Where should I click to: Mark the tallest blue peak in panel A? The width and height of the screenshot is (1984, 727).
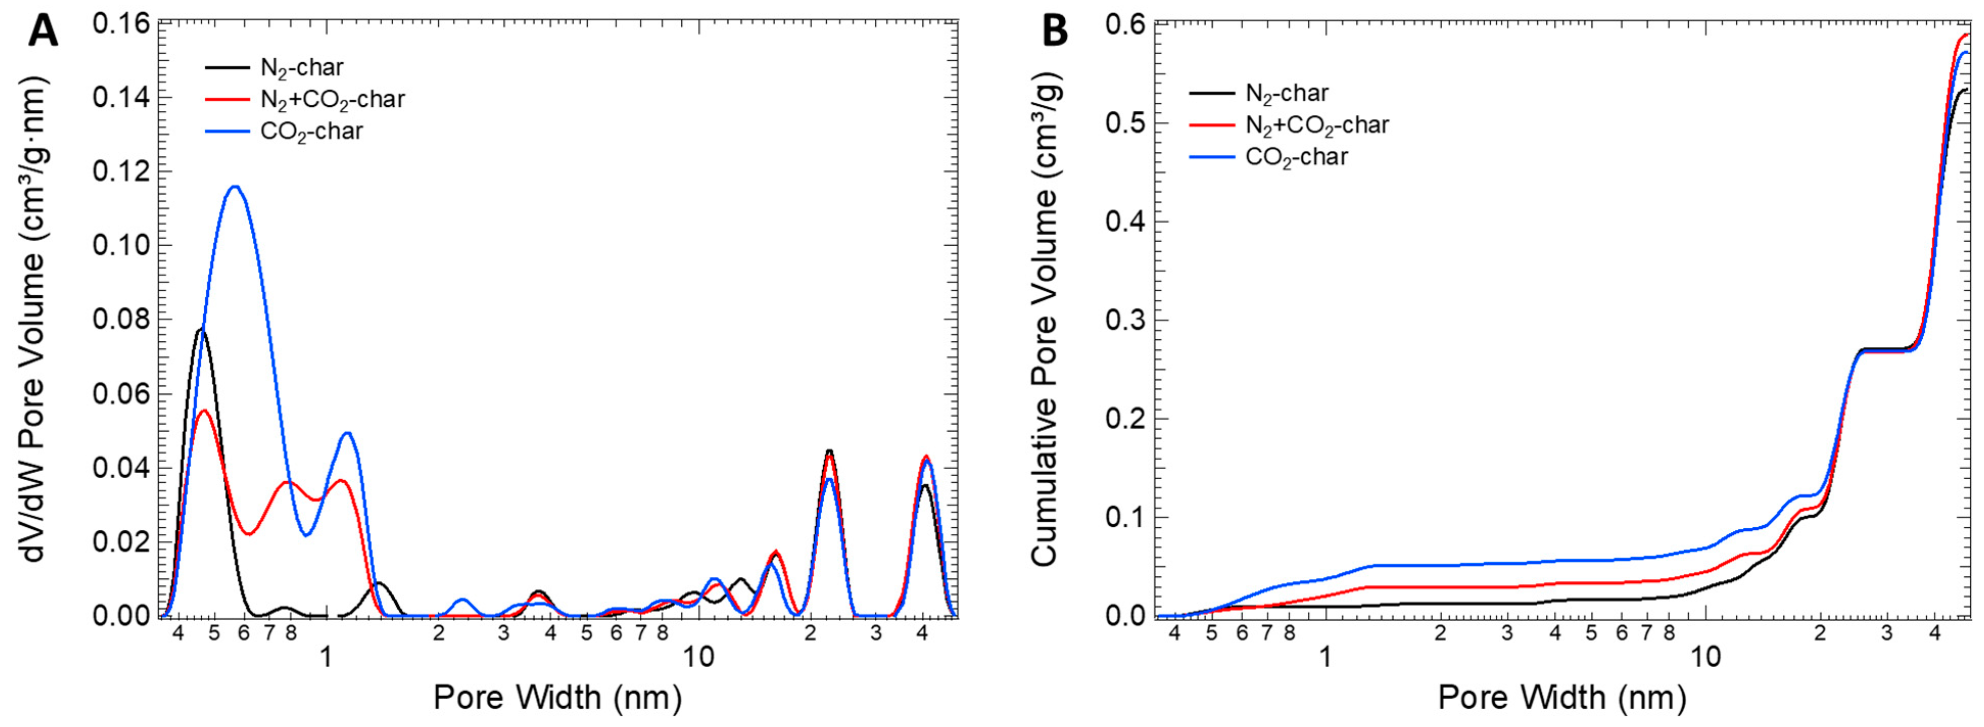pos(235,186)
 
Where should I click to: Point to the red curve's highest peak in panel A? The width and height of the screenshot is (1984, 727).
pos(204,410)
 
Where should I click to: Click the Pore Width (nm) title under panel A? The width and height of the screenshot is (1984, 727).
pos(558,697)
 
